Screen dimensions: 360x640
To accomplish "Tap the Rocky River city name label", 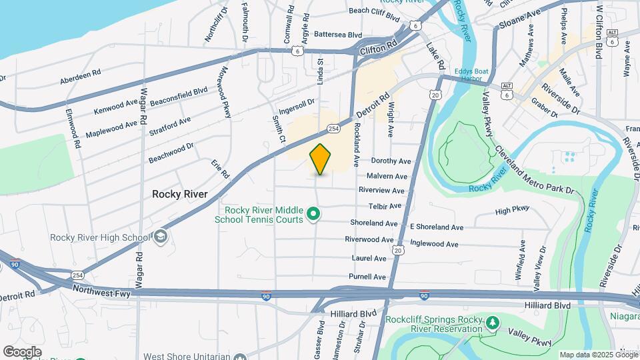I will [180, 194].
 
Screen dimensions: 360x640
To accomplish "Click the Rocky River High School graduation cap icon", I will [160, 237].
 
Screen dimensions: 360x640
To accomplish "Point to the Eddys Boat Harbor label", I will [473, 74].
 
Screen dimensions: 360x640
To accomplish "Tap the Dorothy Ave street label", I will [391, 161].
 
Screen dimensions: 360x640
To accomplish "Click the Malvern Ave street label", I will [387, 176].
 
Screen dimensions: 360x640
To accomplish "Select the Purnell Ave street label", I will [367, 276].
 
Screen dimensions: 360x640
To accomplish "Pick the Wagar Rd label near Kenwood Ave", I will [143, 106].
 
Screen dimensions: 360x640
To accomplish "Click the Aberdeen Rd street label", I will [80, 76].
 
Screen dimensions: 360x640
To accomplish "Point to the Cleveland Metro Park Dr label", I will [533, 170].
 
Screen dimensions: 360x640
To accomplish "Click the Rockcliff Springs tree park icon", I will [493, 323].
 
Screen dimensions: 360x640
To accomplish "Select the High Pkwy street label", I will [512, 210].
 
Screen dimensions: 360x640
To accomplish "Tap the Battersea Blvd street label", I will [337, 35].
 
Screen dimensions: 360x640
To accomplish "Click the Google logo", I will [22, 351].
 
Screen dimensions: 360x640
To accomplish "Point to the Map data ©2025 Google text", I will [598, 355].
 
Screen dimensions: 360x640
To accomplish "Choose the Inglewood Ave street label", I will [434, 244].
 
